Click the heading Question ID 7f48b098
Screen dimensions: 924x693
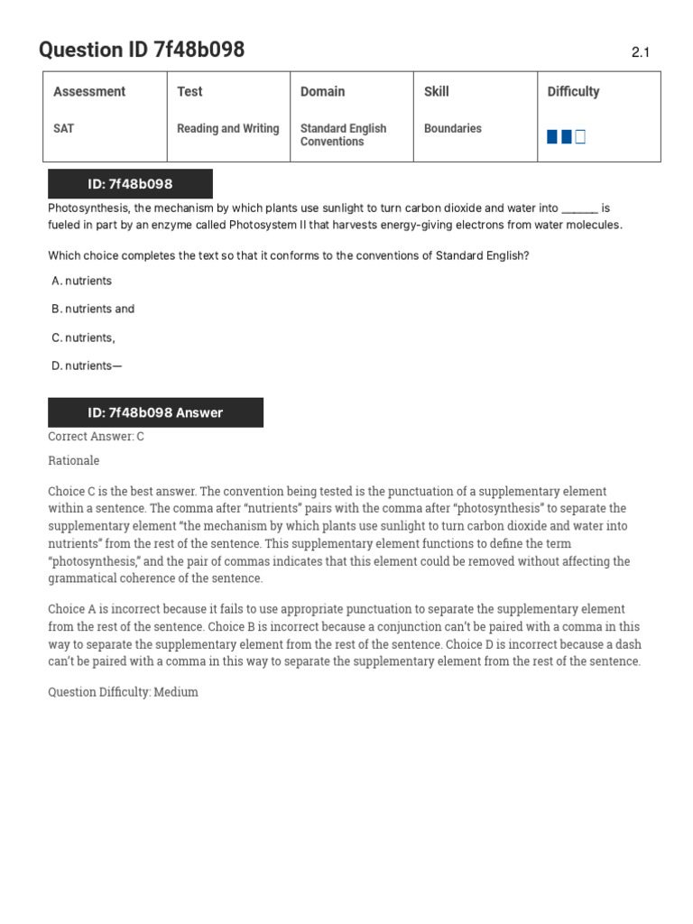(142, 51)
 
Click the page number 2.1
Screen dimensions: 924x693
(640, 53)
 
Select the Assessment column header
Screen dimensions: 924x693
(89, 91)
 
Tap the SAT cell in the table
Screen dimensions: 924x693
(64, 129)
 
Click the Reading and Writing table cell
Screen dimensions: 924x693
(227, 129)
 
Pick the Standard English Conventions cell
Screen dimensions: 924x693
(343, 135)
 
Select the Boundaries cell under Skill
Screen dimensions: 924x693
(452, 129)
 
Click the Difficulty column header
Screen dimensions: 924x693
(573, 91)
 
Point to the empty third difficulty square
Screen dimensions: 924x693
(580, 137)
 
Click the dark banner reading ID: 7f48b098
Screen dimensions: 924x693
(130, 184)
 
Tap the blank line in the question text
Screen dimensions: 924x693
(579, 208)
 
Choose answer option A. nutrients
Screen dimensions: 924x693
(82, 281)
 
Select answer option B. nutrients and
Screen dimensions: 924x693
(93, 309)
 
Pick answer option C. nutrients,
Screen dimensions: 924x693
(84, 337)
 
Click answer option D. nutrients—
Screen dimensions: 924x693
(87, 365)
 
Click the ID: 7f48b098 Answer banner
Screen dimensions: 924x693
(155, 412)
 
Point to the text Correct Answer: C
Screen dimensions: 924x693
(96, 437)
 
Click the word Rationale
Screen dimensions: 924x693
(74, 460)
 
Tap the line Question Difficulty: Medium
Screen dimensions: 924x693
(123, 692)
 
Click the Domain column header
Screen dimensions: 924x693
(322, 91)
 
